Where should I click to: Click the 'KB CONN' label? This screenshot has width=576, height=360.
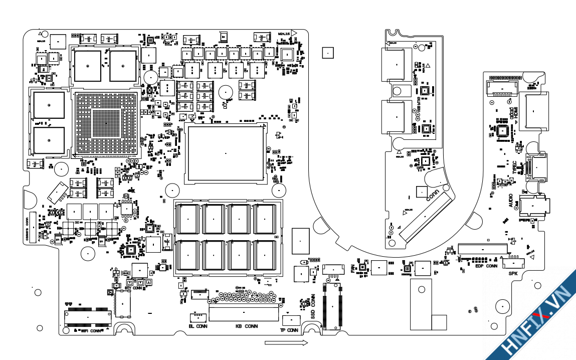[247, 326]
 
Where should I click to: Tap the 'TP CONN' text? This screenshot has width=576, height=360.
[289, 330]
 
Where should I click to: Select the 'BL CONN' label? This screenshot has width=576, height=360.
[198, 326]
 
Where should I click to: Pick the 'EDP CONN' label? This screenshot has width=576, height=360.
[486, 266]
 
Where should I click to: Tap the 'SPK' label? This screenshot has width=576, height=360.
[513, 274]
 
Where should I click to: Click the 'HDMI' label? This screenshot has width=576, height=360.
[515, 115]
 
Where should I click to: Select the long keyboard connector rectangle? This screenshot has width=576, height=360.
[244, 314]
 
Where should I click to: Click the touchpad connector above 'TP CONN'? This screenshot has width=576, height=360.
[290, 320]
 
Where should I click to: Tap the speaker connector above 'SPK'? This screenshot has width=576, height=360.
[513, 262]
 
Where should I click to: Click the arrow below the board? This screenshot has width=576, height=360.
[286, 343]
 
